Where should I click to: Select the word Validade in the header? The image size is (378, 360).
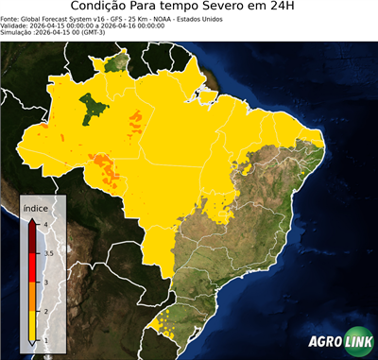click(16, 25)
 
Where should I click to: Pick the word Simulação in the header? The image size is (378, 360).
click(18, 31)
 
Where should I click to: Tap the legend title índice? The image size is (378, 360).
click(35, 205)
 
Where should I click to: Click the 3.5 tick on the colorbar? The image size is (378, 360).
click(46, 253)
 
